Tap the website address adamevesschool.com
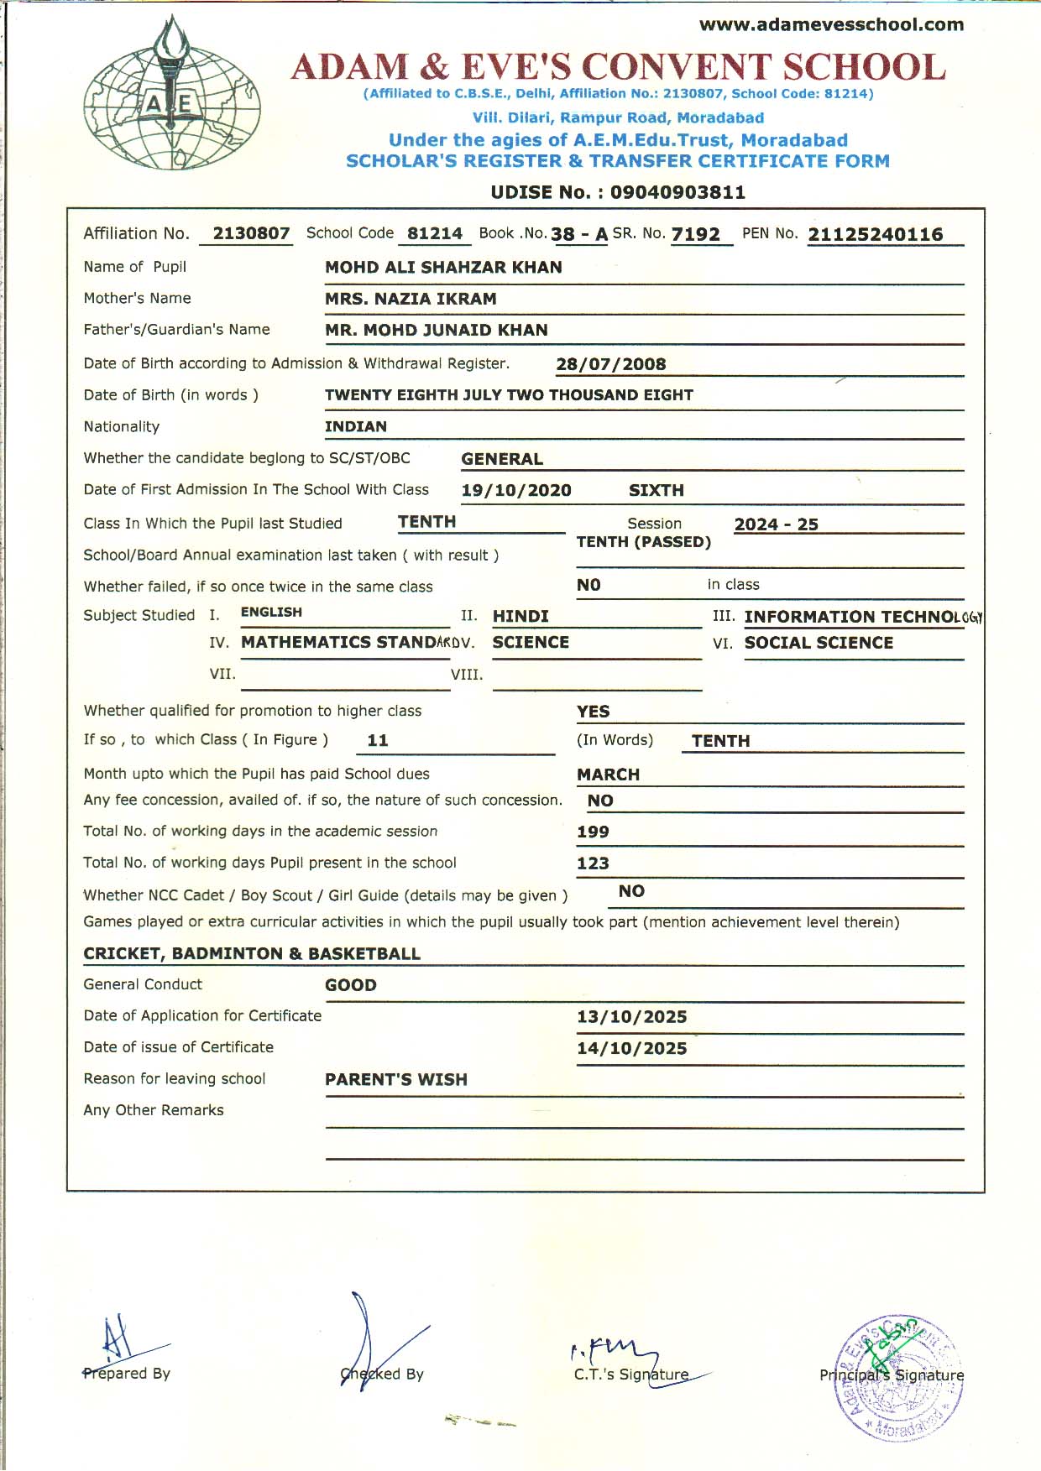[x=831, y=25]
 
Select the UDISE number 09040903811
[x=677, y=192]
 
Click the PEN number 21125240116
[x=875, y=235]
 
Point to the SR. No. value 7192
[x=695, y=235]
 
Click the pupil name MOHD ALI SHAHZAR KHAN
[x=443, y=268]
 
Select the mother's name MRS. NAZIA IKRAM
[x=411, y=299]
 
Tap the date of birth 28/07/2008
[x=610, y=364]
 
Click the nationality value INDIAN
[x=356, y=427]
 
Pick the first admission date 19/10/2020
[x=515, y=491]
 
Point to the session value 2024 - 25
[x=776, y=524]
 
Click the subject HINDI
[x=520, y=617]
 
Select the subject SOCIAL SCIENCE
[x=819, y=643]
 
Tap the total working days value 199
[x=593, y=832]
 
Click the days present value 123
[x=593, y=863]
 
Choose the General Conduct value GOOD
[x=351, y=985]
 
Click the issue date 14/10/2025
[x=631, y=1048]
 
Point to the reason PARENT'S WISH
[x=396, y=1080]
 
